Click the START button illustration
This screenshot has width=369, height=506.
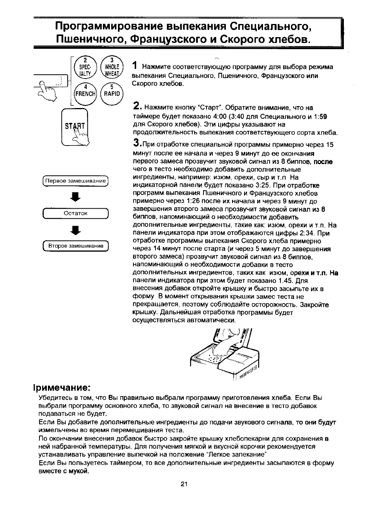coord(75,127)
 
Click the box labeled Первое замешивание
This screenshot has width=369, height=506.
coord(75,181)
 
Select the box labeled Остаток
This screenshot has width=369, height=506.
coord(75,213)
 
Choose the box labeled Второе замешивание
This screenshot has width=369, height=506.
coord(76,246)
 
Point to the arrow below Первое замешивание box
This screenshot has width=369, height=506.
coord(76,197)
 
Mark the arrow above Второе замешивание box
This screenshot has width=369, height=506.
coord(76,230)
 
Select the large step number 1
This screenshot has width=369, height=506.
coord(135,65)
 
